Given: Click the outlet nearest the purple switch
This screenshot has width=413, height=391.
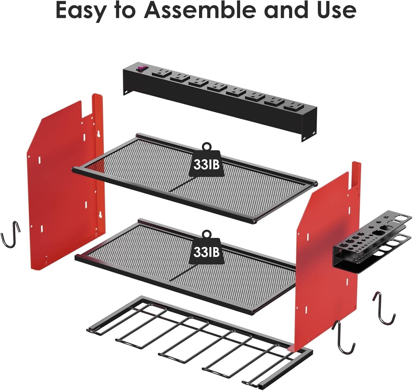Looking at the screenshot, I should point(161,74).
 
